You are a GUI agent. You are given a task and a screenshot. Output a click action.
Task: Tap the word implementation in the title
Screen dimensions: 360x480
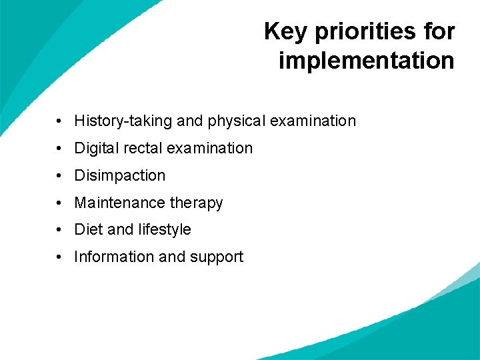pos(366,60)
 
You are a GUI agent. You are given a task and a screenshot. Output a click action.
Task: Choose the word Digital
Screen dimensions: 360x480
pos(93,148)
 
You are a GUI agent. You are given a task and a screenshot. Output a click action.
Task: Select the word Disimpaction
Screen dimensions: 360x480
pos(119,175)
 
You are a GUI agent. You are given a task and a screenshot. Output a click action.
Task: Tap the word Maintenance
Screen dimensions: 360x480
pos(119,203)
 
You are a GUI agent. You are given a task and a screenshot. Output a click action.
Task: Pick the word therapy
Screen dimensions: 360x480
pos(196,203)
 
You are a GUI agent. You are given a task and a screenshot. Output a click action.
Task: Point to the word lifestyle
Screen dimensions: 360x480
pos(165,229)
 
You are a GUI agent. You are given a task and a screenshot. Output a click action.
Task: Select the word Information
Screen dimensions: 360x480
pos(111,257)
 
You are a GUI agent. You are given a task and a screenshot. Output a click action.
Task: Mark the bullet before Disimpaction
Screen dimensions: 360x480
pos(59,176)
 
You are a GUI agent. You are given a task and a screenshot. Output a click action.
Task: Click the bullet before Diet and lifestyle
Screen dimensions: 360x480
pos(59,230)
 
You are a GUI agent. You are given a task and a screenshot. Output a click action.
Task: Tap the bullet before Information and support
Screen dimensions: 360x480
pos(59,257)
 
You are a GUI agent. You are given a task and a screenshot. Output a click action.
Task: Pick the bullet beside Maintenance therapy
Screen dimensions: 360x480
pos(59,203)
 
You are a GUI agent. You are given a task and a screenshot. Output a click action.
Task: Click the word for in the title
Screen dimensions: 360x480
pos(440,31)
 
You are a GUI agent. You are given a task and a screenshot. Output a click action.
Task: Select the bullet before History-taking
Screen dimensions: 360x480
pos(59,121)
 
